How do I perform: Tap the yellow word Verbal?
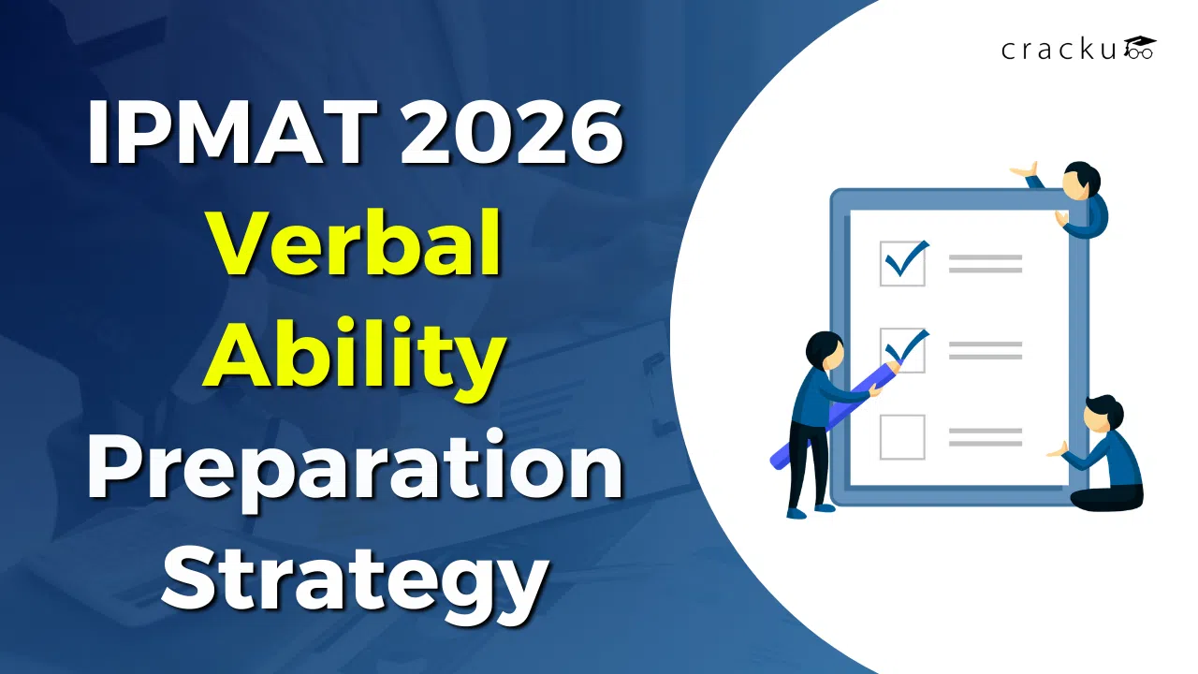coord(355,245)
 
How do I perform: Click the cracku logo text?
coord(1059,50)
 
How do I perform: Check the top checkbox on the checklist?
coord(902,263)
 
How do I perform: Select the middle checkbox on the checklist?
coord(902,349)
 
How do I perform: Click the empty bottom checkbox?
coord(902,436)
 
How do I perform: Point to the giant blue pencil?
coord(833,412)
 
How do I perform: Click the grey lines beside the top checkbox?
coord(985,263)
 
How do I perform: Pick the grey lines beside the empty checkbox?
coord(985,436)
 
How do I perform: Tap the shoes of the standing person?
coord(810,510)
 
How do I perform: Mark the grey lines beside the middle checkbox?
coord(985,349)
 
